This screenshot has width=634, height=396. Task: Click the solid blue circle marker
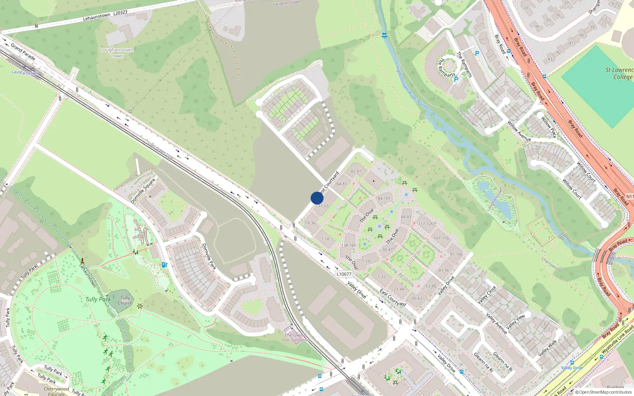tap(317, 198)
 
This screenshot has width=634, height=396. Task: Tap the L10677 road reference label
tap(344, 274)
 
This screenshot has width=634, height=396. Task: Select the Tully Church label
tap(125, 301)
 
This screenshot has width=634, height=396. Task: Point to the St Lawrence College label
tap(619, 73)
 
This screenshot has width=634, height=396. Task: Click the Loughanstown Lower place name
tap(117, 53)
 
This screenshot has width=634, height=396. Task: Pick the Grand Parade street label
tap(23, 52)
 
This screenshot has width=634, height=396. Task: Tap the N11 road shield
tap(630, 196)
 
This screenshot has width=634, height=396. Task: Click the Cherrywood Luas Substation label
tap(295, 337)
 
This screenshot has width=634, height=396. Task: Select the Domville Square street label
tap(143, 191)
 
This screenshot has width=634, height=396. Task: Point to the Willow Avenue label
tap(519, 131)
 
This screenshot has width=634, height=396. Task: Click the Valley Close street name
tap(487, 295)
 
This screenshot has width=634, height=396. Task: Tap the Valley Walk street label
tap(548, 348)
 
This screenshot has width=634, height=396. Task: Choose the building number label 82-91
tap(356, 171)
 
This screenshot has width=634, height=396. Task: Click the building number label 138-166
tap(349, 246)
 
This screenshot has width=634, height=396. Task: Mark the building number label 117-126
tap(426, 224)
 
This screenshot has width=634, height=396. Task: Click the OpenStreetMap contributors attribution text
tap(603, 392)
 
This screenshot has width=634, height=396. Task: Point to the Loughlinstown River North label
tap(411, 86)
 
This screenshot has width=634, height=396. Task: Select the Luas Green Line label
tap(160, 150)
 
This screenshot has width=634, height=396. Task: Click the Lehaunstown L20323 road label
tap(105, 15)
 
